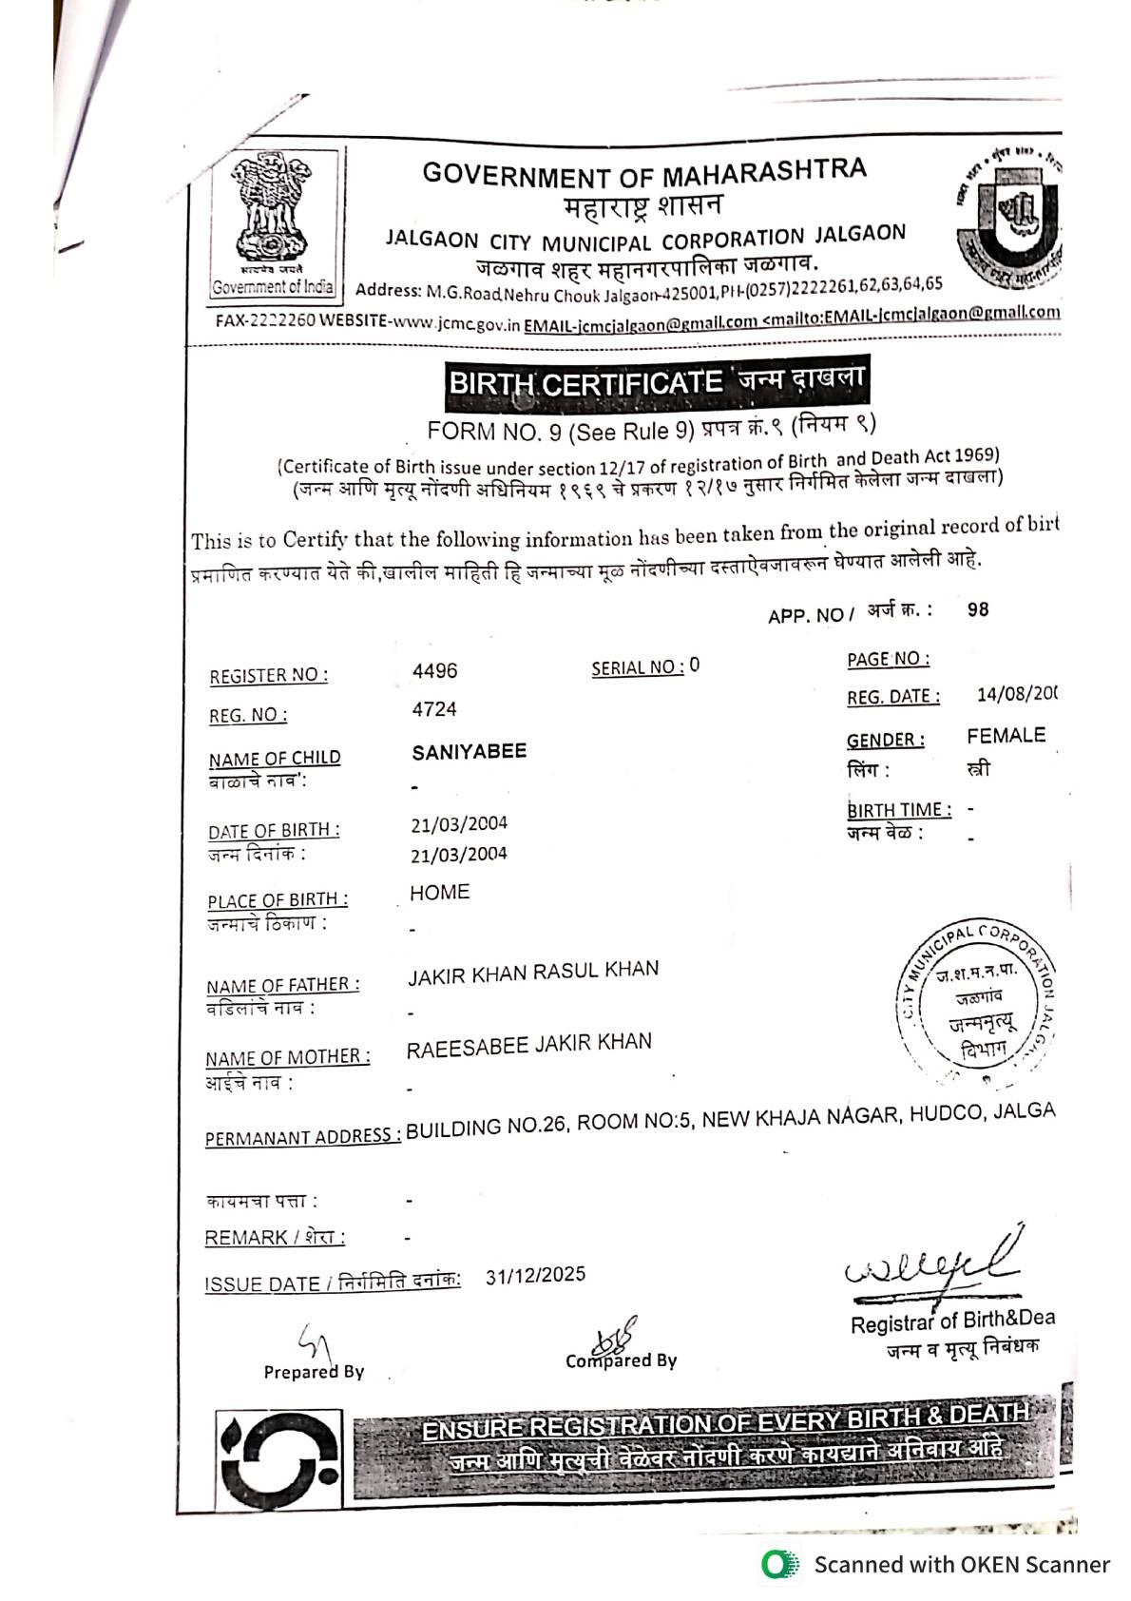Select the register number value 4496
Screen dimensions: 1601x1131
tap(434, 671)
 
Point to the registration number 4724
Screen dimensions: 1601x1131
tap(434, 709)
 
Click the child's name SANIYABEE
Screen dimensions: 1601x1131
tap(469, 751)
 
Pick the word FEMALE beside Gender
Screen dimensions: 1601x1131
tap(1006, 736)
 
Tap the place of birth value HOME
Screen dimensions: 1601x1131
tap(439, 893)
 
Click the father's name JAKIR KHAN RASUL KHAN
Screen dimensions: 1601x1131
tap(533, 972)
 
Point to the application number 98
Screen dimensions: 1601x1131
tap(978, 609)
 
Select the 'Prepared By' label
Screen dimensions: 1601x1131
tap(314, 1372)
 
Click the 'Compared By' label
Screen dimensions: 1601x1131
tap(621, 1360)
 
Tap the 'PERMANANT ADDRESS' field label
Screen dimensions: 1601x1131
tap(302, 1137)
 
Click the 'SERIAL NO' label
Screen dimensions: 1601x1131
tap(637, 667)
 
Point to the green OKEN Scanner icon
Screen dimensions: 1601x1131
tap(779, 1564)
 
